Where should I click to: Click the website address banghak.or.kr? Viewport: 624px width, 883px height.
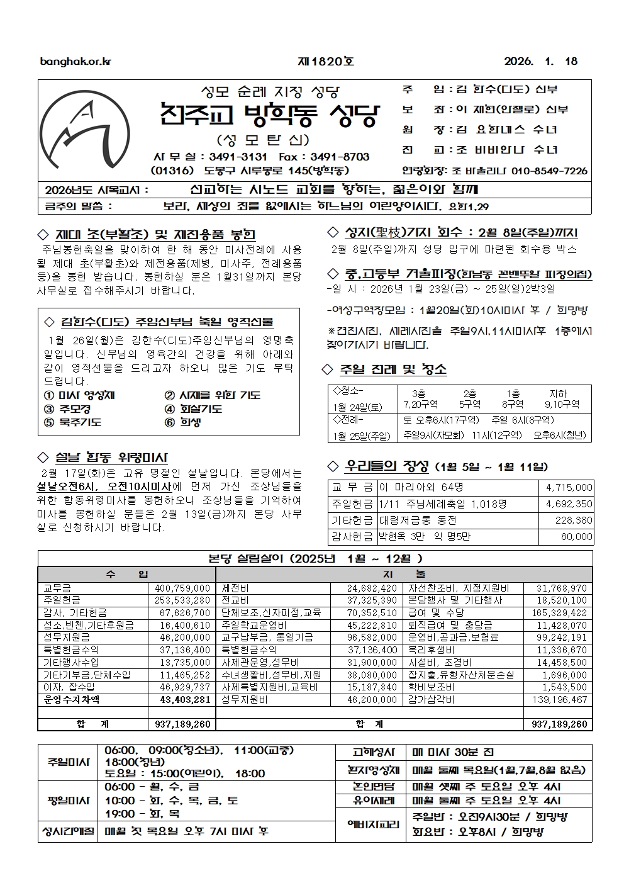point(75,62)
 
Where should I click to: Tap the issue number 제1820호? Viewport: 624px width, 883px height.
point(325,62)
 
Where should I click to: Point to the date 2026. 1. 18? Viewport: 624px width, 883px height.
point(540,62)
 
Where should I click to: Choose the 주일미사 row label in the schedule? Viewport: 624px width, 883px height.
point(69,762)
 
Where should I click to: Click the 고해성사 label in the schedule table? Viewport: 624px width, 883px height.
point(375,752)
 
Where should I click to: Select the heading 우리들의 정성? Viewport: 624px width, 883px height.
point(386,466)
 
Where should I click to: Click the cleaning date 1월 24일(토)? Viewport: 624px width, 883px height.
point(357,407)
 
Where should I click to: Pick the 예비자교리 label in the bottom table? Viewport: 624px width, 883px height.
point(375,824)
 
